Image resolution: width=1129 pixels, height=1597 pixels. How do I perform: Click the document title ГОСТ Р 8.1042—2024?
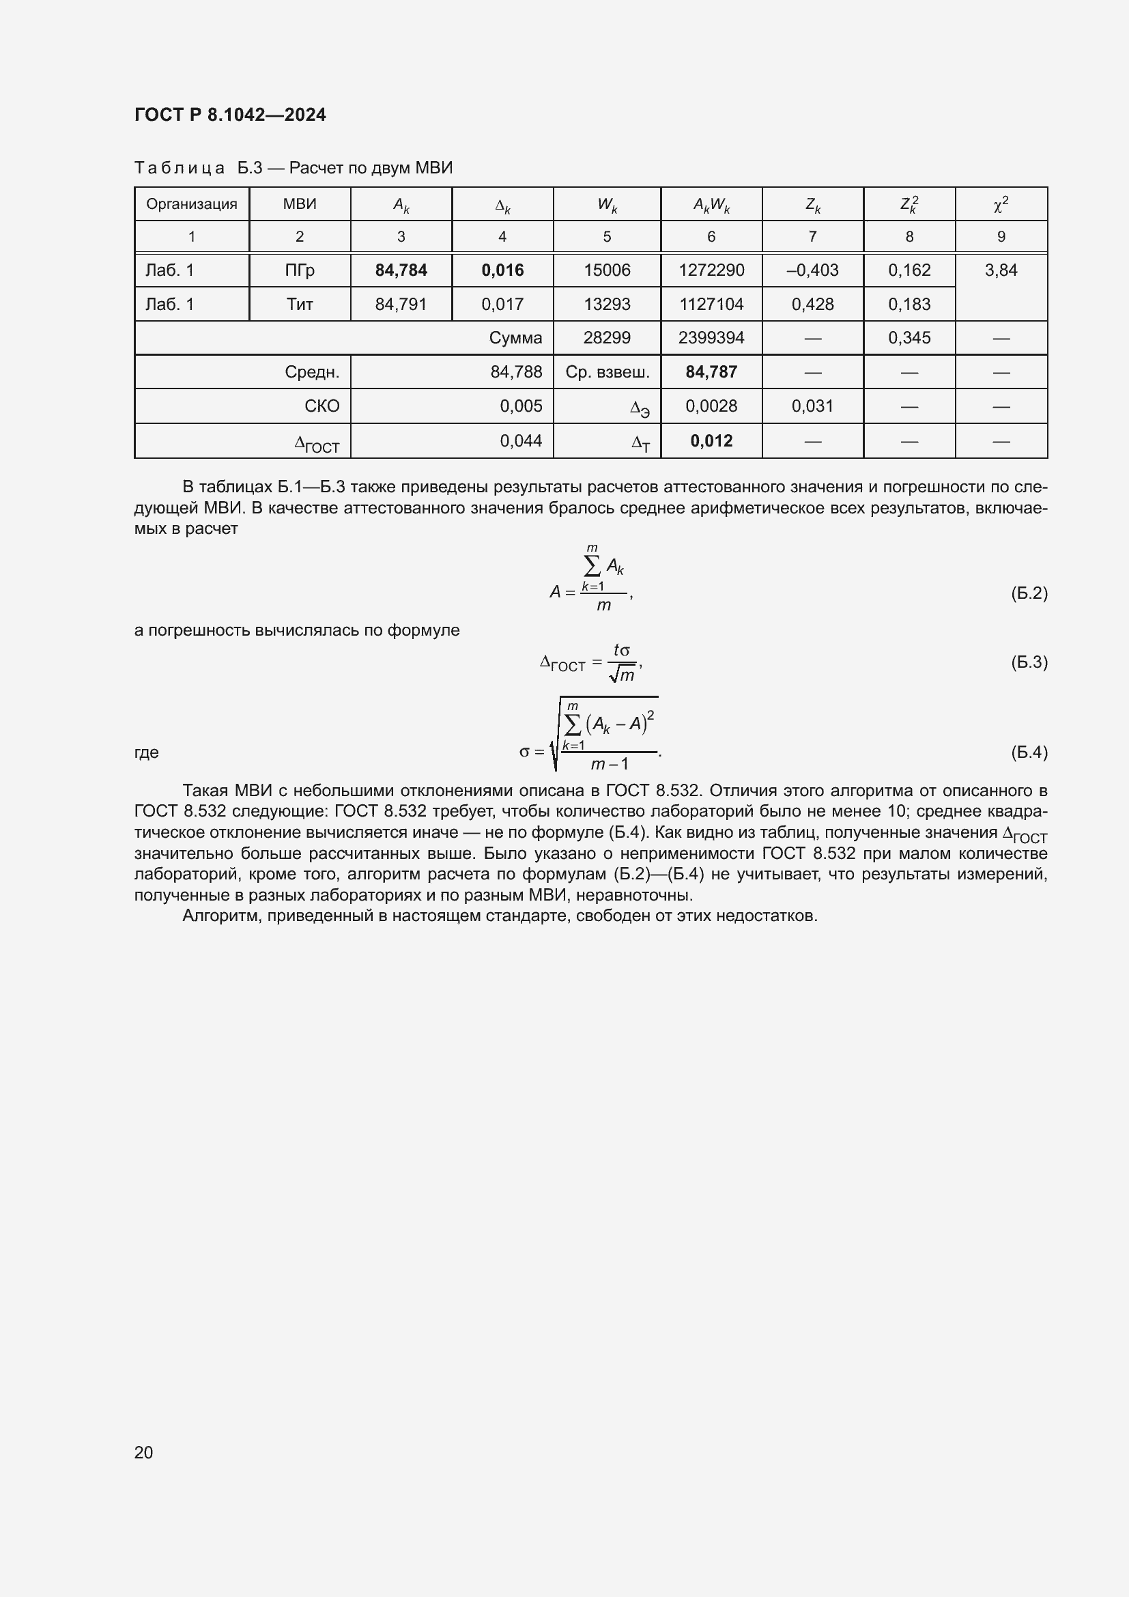pyautogui.click(x=229, y=115)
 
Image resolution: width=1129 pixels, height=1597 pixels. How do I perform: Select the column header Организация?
pyautogui.click(x=191, y=203)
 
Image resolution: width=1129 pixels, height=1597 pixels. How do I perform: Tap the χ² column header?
pyautogui.click(x=1001, y=203)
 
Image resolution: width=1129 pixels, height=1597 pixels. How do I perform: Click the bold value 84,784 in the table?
pyautogui.click(x=401, y=270)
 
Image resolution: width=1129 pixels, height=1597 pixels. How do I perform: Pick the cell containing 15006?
pyautogui.click(x=606, y=270)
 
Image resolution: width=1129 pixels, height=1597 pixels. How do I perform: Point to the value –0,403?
pyautogui.click(x=812, y=270)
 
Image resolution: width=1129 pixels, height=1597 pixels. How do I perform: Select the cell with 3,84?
pyautogui.click(x=1001, y=270)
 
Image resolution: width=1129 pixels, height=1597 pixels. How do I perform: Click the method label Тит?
pyautogui.click(x=300, y=304)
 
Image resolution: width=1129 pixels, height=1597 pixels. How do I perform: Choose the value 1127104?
pyautogui.click(x=711, y=304)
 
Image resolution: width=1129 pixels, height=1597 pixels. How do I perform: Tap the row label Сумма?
pyautogui.click(x=515, y=338)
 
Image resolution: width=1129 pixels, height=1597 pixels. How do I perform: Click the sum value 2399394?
pyautogui.click(x=711, y=338)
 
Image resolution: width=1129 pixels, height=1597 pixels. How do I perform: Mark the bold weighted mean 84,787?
pyautogui.click(x=711, y=372)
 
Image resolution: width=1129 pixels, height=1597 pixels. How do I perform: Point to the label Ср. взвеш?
pyautogui.click(x=607, y=372)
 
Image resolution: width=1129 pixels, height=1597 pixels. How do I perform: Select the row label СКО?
pyautogui.click(x=322, y=406)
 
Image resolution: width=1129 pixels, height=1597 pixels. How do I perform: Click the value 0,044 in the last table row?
pyautogui.click(x=521, y=440)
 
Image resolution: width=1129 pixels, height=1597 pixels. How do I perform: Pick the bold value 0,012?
pyautogui.click(x=711, y=440)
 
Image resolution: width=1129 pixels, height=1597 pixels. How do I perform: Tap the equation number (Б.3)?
pyautogui.click(x=1028, y=662)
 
